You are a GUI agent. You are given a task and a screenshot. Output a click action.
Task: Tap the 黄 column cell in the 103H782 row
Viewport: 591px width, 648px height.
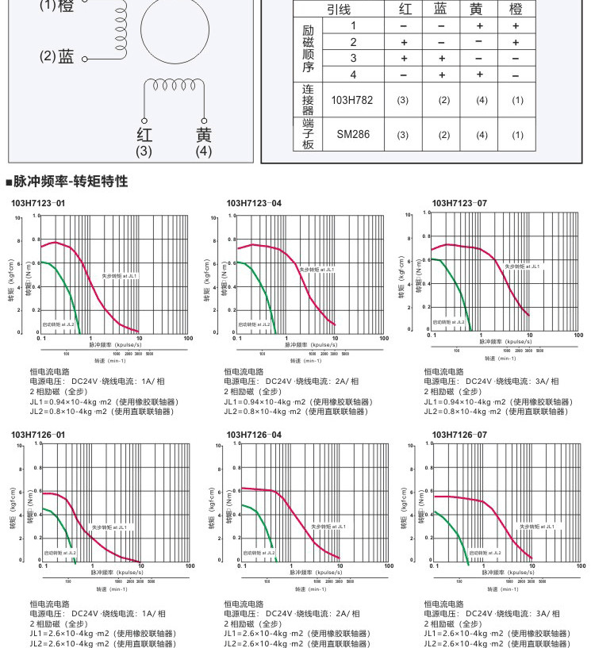[x=481, y=101]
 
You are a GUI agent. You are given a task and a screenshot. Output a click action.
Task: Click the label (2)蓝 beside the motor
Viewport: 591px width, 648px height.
[x=57, y=57]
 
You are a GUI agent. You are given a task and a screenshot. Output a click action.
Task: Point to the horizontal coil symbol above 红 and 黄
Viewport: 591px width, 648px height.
[x=174, y=84]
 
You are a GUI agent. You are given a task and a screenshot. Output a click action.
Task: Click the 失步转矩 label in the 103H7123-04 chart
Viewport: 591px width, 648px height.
[x=318, y=270]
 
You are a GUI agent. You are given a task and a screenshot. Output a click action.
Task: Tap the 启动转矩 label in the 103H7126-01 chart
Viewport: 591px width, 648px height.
[x=59, y=552]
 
